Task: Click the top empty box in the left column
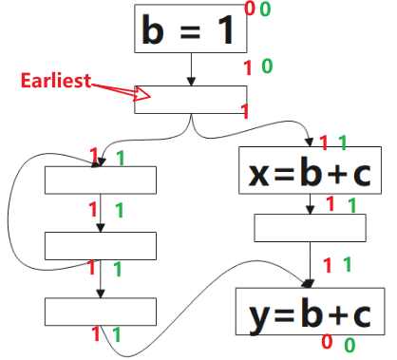tap(100, 180)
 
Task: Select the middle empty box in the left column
tap(100, 244)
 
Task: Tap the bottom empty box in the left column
tap(100, 311)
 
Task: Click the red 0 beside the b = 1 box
tap(250, 9)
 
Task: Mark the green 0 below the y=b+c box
tap(350, 345)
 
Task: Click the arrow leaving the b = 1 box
tap(191, 68)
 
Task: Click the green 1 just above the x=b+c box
tap(342, 143)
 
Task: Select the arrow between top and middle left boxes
tap(100, 213)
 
